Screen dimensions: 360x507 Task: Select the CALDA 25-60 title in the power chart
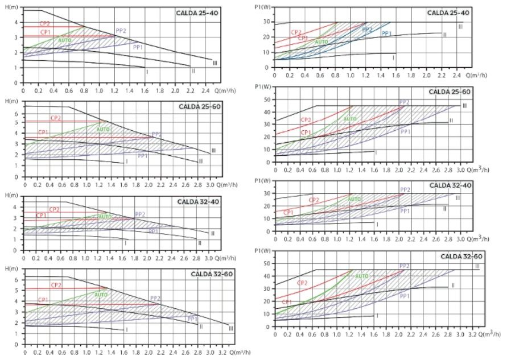click(x=450, y=92)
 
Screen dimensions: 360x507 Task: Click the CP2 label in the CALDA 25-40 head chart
click(x=44, y=24)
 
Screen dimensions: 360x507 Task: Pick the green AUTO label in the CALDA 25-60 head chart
click(x=104, y=130)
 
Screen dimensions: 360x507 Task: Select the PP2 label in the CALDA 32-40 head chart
click(x=141, y=214)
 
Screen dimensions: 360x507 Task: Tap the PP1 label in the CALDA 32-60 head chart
click(x=192, y=318)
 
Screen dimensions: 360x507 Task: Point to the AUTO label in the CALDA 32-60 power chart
click(x=362, y=276)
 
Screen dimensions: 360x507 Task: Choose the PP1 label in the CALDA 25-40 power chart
click(x=386, y=34)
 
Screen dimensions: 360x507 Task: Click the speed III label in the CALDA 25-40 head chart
click(x=215, y=62)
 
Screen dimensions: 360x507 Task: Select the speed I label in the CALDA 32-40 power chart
click(x=377, y=224)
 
